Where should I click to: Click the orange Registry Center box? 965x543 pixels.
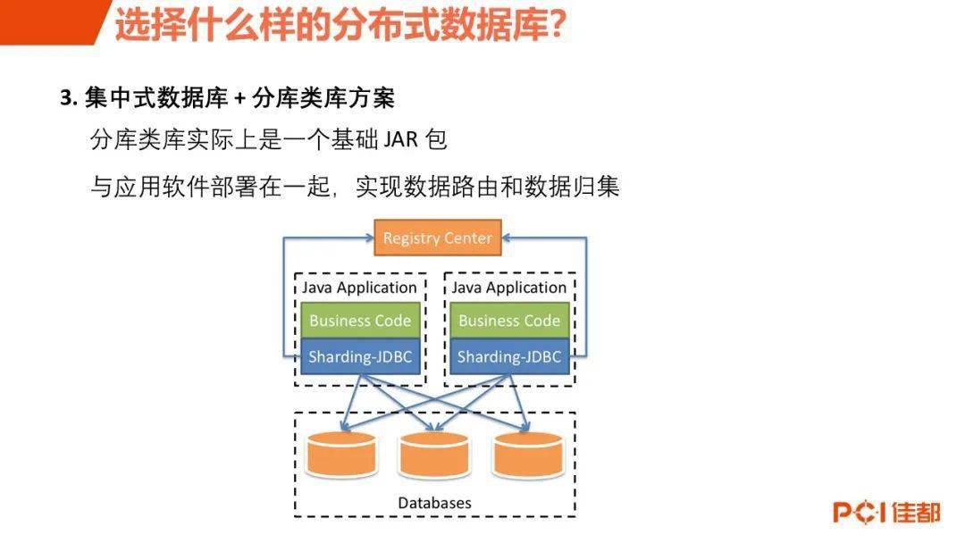point(437,238)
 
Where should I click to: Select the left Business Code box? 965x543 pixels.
point(359,321)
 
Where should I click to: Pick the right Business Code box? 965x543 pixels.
point(508,321)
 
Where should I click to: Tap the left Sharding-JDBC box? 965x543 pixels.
point(359,357)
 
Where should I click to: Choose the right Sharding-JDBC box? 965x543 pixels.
point(508,357)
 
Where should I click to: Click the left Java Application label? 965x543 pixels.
point(359,288)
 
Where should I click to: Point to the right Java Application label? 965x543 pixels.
point(508,288)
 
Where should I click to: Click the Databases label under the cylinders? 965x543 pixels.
point(434,503)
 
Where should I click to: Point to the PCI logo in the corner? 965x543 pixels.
point(859,513)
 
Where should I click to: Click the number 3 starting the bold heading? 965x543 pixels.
point(65,99)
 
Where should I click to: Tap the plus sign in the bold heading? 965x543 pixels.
point(240,99)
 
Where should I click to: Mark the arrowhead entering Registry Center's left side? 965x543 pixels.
point(369,238)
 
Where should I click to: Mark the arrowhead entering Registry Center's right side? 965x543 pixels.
point(507,238)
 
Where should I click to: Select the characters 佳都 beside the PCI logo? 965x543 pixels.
point(916,513)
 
